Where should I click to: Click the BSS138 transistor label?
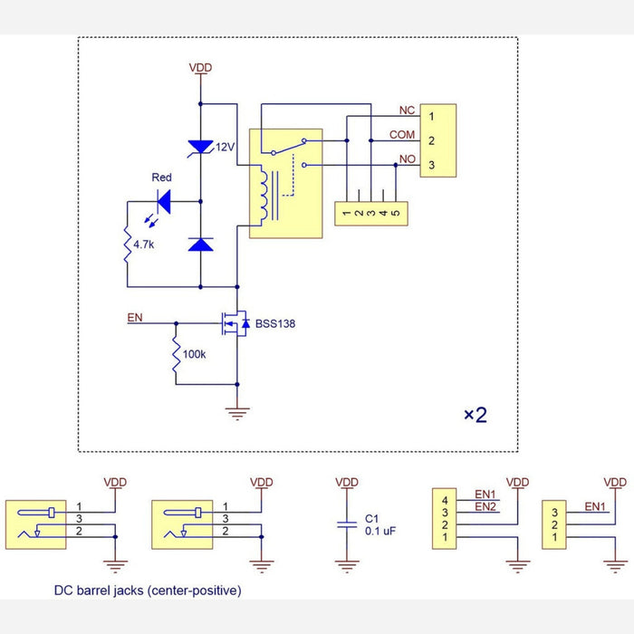point(275,322)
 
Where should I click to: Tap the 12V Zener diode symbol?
point(199,147)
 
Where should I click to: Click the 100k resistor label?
point(195,355)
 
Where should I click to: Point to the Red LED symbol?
point(164,200)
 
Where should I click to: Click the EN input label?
point(134,317)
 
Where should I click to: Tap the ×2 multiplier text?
point(475,415)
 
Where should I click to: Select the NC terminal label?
point(407,110)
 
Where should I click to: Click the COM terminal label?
point(401,135)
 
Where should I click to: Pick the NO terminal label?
point(407,159)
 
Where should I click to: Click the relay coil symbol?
point(262,195)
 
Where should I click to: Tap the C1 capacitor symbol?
point(345,524)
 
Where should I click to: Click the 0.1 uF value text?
point(379,531)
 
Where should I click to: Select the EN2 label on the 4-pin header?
point(485,504)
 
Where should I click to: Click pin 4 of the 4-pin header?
point(445,499)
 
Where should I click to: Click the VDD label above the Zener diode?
point(199,68)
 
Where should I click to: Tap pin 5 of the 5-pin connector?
point(395,214)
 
